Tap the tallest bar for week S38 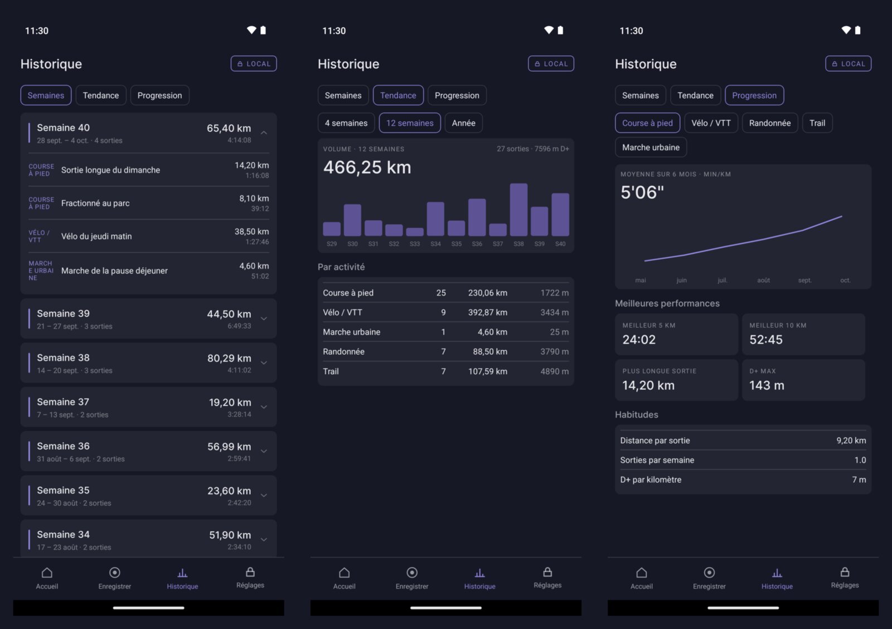click(518, 210)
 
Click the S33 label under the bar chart click(415, 244)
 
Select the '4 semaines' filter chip click(346, 123)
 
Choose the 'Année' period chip click(463, 123)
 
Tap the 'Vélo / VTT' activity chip click(711, 123)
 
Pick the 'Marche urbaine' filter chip click(651, 147)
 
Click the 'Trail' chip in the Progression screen click(817, 123)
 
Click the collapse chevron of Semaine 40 click(264, 133)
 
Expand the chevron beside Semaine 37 click(264, 407)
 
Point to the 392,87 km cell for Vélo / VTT click(487, 312)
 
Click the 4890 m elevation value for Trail click(554, 371)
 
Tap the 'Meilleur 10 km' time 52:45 click(766, 340)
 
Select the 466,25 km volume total click(367, 167)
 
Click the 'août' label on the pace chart click(763, 280)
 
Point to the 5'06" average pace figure click(642, 192)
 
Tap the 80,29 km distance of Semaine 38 click(229, 358)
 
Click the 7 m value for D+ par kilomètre click(859, 480)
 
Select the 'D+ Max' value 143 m click(767, 385)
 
